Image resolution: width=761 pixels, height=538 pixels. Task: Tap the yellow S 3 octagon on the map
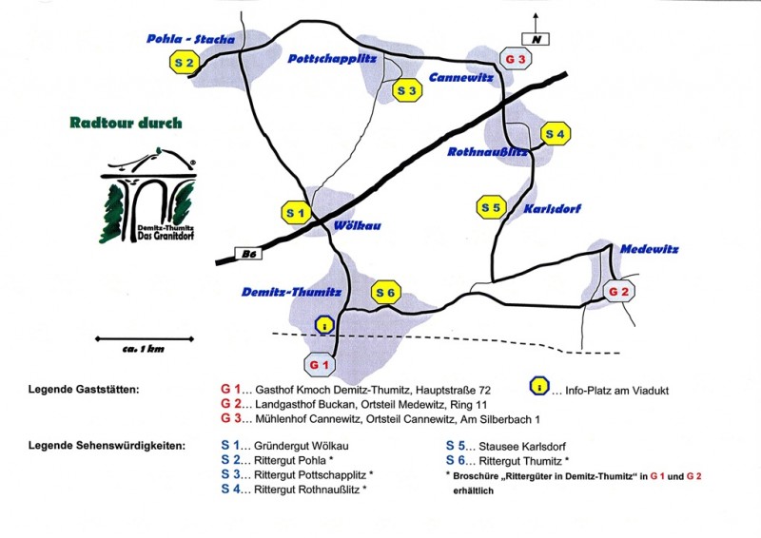point(407,90)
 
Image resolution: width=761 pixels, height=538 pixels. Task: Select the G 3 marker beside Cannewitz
point(516,59)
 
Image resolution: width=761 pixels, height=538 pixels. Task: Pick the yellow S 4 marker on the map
point(555,134)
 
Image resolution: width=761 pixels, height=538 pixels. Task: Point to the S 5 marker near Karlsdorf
point(490,206)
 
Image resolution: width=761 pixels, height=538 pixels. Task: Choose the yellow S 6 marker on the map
point(385,293)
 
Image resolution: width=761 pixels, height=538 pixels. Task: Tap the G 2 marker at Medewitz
point(619,291)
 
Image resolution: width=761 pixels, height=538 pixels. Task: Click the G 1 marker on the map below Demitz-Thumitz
point(320,364)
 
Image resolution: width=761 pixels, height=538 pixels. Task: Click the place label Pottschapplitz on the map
point(332,59)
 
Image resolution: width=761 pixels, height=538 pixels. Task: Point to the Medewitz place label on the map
point(649,249)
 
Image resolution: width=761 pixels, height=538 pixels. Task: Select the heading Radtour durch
point(126,123)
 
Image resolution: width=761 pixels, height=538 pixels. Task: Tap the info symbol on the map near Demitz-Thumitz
point(326,325)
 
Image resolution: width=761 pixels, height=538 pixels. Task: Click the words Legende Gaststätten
point(85,390)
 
